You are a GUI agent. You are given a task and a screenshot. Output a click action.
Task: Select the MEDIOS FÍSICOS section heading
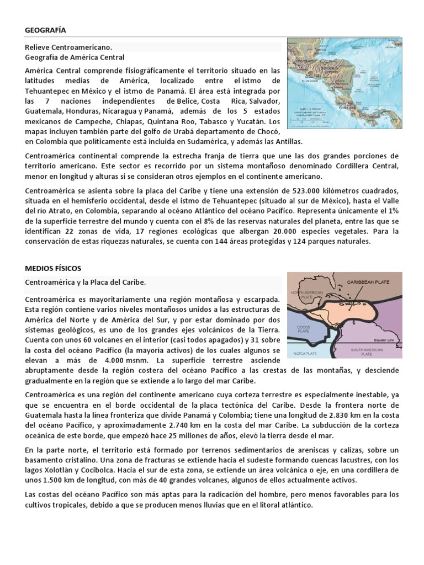click(x=53, y=268)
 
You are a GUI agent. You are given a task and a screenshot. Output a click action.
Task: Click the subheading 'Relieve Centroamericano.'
click(x=68, y=47)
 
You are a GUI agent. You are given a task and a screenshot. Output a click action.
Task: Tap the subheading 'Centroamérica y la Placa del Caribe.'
click(x=85, y=282)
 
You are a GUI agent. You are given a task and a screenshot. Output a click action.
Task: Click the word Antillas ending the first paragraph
click(x=267, y=141)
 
